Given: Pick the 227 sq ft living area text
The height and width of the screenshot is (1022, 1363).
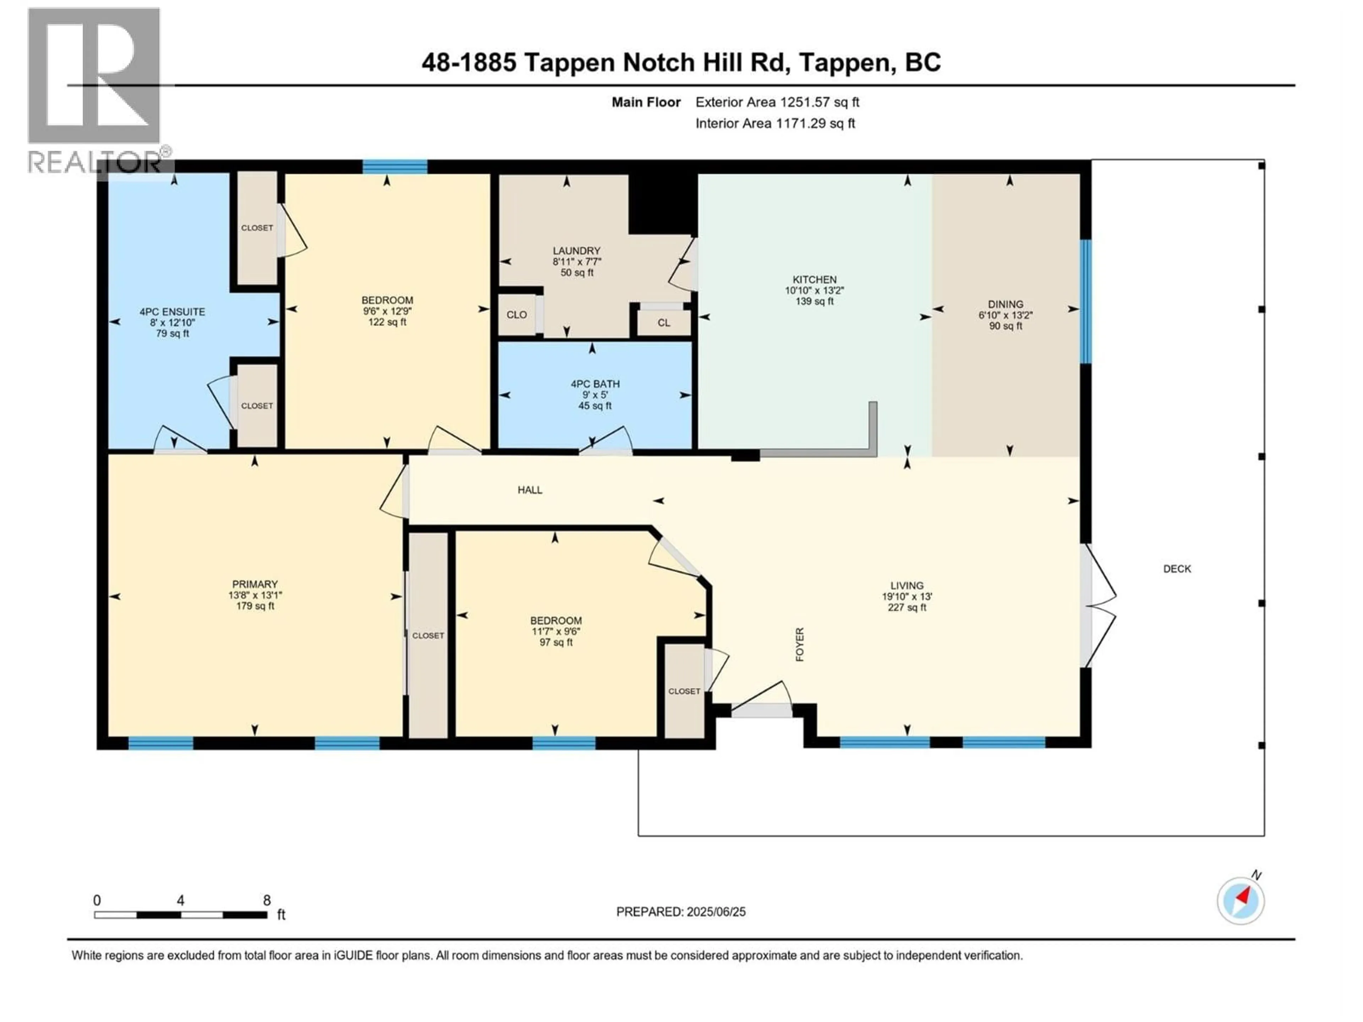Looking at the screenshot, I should [907, 608].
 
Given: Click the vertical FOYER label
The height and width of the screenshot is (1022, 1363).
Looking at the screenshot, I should [800, 644].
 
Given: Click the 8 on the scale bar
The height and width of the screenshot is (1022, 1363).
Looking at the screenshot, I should [267, 900].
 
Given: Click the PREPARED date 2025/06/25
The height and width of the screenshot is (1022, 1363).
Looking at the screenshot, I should [680, 912].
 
